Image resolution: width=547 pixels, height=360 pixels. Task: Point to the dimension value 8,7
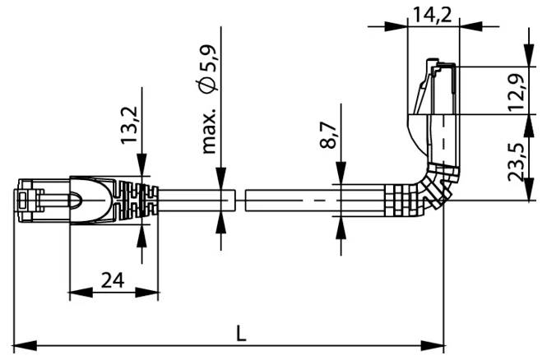327,135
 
